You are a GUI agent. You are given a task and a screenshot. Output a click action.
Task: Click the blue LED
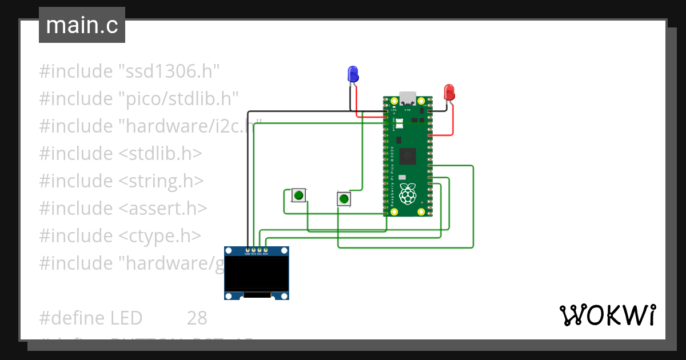click(353, 73)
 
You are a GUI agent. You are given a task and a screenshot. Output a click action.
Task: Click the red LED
click(449, 91)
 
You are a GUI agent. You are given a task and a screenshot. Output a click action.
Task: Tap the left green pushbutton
click(298, 195)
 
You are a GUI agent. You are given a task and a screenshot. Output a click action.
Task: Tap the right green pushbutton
click(344, 199)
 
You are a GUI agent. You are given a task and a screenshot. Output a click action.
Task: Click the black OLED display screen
click(256, 273)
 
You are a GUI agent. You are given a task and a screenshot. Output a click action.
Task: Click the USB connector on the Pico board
click(408, 97)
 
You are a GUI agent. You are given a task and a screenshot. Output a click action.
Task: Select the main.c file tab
click(82, 25)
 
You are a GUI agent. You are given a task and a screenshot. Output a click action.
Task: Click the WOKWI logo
click(607, 315)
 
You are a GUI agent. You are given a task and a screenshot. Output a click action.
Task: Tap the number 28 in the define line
click(197, 318)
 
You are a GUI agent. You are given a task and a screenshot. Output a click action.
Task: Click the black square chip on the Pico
click(408, 154)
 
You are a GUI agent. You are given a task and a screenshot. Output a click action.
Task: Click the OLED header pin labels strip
click(256, 253)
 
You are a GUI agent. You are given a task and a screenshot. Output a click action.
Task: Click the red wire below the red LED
click(453, 120)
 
